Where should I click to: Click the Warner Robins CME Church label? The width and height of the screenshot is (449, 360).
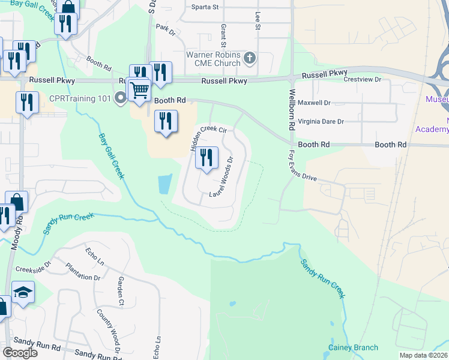point(213,58)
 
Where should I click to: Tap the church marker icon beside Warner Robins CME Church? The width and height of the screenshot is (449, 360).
point(250,58)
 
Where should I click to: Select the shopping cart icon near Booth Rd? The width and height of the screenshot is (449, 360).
point(139,91)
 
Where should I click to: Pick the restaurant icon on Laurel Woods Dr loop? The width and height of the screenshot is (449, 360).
point(206,158)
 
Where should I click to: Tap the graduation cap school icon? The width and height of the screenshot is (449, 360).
point(23,293)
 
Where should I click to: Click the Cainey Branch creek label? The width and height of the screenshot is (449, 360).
point(353,347)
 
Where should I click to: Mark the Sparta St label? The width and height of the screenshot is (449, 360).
point(205,7)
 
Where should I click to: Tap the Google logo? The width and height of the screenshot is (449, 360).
point(20,352)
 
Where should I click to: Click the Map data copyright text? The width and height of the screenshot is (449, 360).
point(424,355)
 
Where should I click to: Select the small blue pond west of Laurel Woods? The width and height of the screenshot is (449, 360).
point(164,184)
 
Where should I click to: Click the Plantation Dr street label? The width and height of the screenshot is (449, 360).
point(83,273)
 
